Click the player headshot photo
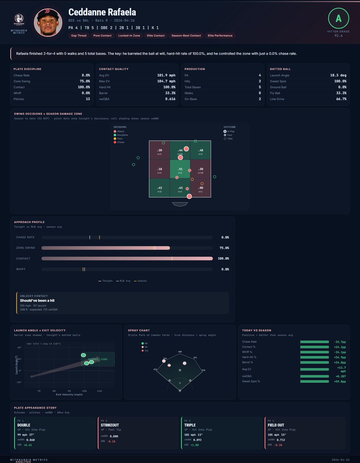48,23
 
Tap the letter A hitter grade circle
338,18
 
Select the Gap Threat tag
79,35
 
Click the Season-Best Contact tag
186,35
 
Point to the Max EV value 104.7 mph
167,81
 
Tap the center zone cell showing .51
180,170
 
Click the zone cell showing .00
201,188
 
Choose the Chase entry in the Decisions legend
121,142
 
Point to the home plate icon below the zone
180,204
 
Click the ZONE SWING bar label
25,248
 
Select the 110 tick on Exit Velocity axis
100,391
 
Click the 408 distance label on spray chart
180,352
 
